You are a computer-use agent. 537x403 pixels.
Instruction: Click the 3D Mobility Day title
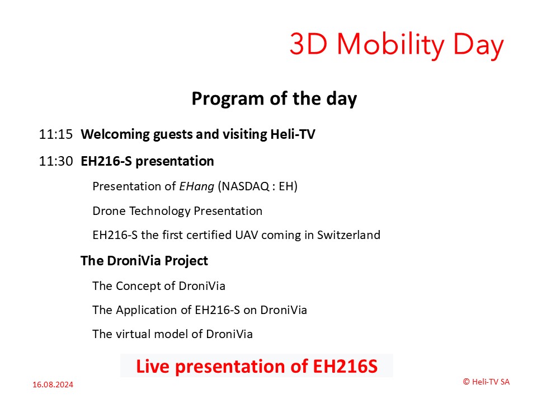coord(397,45)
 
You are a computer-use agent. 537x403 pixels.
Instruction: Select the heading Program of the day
coord(274,99)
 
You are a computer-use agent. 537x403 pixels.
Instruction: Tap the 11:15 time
coord(56,134)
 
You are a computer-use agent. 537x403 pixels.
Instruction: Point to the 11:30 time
coord(56,161)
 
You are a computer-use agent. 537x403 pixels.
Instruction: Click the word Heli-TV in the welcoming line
coord(293,134)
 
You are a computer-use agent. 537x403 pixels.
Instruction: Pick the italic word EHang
coord(196,187)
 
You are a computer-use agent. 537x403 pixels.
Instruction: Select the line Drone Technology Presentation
coord(177,211)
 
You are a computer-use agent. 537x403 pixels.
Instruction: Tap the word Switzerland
coord(348,235)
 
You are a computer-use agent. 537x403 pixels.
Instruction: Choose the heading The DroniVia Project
coord(144,261)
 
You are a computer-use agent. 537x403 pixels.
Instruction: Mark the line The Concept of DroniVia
coord(159,286)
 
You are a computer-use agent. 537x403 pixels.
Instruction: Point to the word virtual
coord(133,334)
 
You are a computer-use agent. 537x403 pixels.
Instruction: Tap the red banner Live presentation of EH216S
coord(257,366)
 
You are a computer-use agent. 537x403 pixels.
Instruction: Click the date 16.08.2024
coord(53,385)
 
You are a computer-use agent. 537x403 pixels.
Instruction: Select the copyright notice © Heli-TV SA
coord(486,382)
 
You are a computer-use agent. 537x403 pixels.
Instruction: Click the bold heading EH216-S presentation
coord(147,161)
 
